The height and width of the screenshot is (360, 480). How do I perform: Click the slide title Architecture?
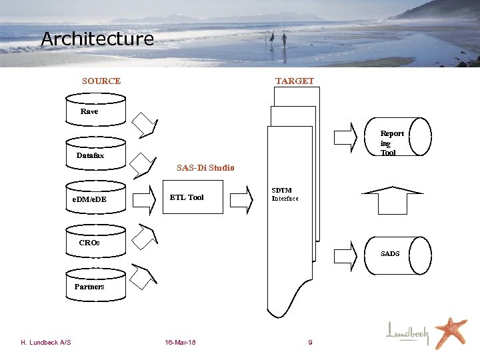(97, 39)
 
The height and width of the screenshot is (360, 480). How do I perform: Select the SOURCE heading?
(101, 81)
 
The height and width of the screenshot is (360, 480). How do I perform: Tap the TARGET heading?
(294, 81)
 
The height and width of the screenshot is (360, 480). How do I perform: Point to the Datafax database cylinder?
(95, 153)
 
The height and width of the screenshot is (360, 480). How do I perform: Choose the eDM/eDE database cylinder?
(95, 197)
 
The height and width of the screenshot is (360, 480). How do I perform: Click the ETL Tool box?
(193, 197)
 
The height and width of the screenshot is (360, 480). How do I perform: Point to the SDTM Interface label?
(285, 194)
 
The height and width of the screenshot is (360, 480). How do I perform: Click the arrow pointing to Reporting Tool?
(345, 138)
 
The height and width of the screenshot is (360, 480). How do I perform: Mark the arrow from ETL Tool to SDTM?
(241, 197)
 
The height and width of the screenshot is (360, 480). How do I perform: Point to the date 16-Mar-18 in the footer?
(180, 343)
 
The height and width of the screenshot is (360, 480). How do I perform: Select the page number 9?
(310, 343)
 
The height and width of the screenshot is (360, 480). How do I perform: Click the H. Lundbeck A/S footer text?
(46, 343)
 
